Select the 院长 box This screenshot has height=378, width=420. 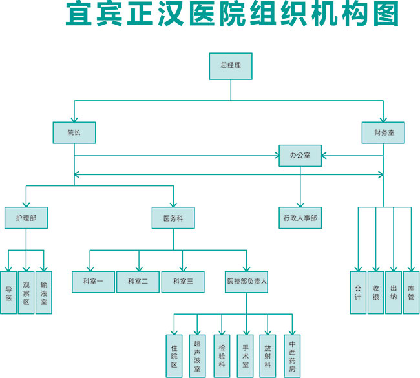tap(74, 132)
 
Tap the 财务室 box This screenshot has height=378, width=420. tap(383, 132)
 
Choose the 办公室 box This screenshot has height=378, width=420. tap(300, 156)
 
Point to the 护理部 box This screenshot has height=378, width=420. tap(26, 218)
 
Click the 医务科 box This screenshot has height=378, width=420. tap(173, 218)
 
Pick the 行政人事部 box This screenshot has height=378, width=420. tap(300, 218)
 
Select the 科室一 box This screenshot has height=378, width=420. tap(93, 282)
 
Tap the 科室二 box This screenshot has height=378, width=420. tap(138, 282)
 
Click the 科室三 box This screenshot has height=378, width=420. tap(182, 282)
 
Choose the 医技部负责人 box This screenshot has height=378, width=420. tap(247, 282)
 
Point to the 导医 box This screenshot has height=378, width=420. tap(8, 292)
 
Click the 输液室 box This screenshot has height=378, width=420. tap(44, 292)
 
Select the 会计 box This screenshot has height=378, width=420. tap(358, 292)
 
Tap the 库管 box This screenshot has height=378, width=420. tap(411, 292)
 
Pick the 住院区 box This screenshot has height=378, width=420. tap(174, 355)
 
